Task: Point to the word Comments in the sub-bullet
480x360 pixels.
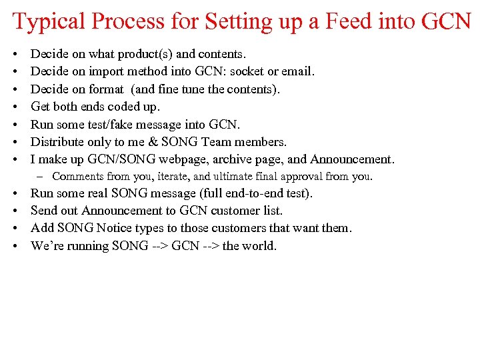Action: point(76,177)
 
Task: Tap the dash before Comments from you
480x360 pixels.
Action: point(41,177)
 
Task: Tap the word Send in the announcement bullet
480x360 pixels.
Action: point(43,211)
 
